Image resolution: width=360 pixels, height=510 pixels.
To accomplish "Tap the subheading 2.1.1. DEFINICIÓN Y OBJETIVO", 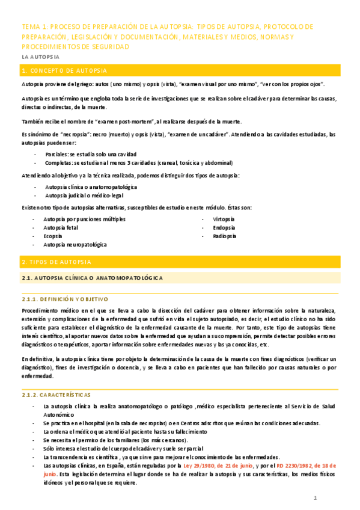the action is (64, 298).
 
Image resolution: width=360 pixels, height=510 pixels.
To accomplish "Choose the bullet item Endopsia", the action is (223, 228).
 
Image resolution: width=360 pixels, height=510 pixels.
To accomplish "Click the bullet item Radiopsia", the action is (224, 236).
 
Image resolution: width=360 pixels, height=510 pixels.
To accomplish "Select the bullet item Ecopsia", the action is (53, 236).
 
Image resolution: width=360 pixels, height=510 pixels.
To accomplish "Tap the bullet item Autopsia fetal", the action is (61, 228).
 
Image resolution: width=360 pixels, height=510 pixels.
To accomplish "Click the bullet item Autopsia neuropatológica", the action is (75, 245).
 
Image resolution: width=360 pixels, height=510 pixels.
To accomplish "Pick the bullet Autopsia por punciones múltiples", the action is (85, 219).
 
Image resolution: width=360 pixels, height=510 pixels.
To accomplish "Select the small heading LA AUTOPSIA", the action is (40, 57).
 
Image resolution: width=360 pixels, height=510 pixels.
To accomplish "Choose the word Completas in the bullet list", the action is (59, 163).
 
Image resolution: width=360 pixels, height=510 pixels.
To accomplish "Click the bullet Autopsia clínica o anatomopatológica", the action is (91, 187).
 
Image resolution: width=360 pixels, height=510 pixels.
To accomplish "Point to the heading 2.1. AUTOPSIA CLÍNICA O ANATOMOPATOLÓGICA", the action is (91, 278).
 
